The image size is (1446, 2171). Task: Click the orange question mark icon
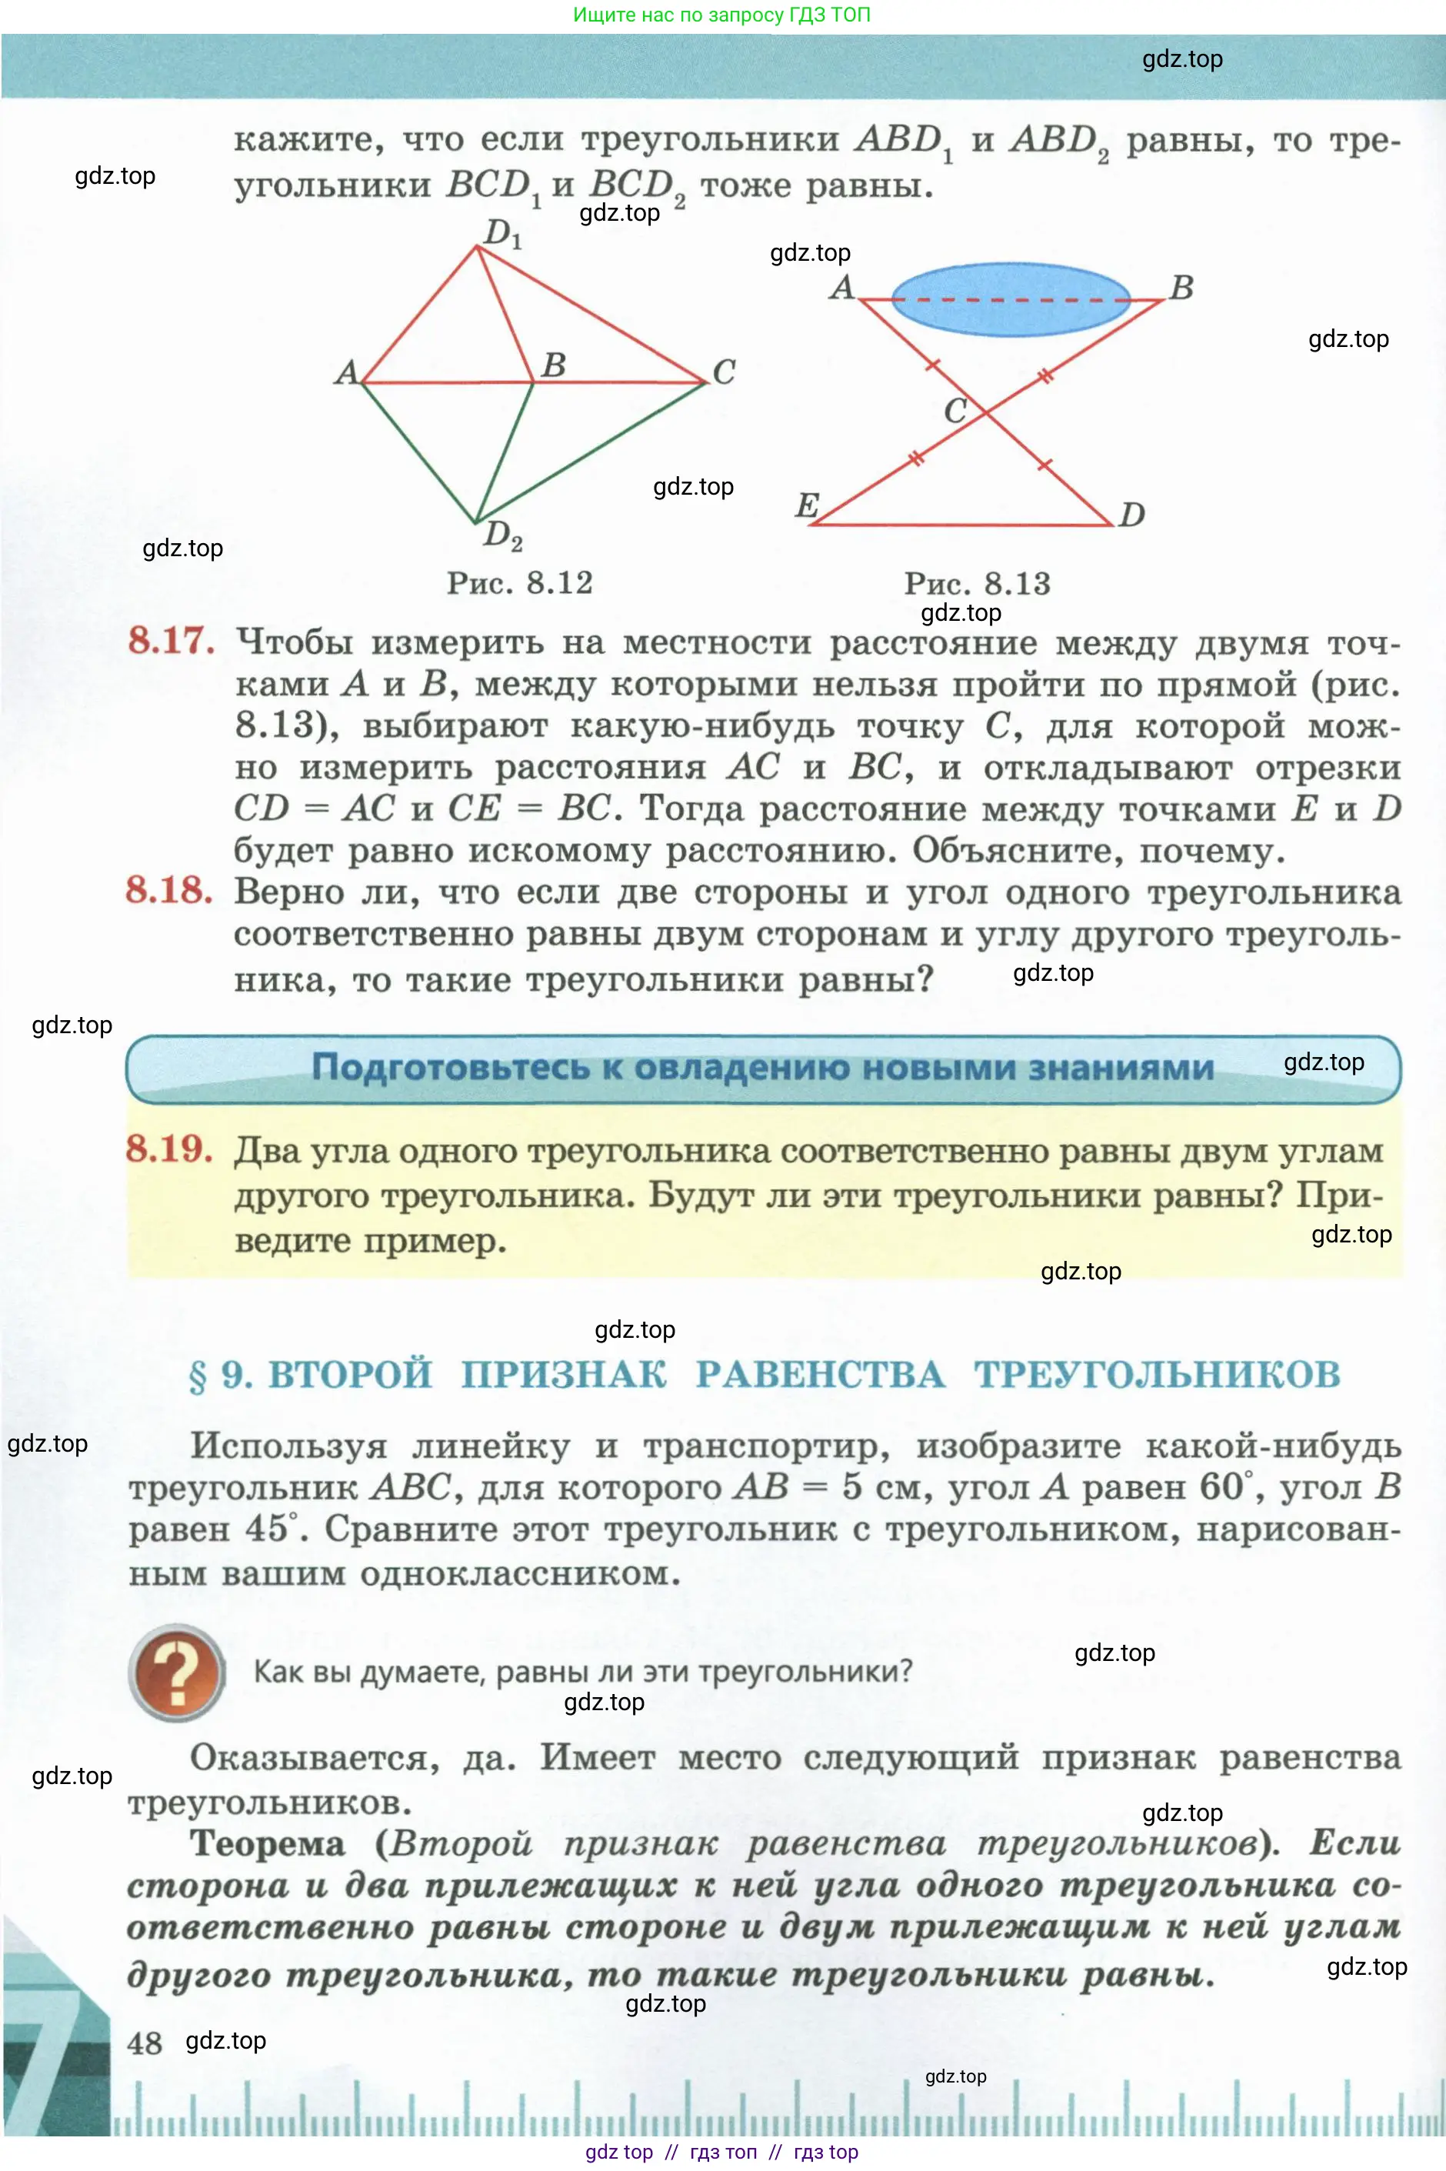177,1672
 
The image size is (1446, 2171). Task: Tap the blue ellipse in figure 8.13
1011,300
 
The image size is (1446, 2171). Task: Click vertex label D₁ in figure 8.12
502,232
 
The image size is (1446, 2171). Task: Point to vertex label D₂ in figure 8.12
502,534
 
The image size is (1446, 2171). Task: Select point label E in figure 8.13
807,505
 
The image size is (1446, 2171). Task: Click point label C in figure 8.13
955,409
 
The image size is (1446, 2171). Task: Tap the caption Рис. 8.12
519,583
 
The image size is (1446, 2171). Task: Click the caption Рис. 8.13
977,584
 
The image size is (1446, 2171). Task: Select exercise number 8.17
172,640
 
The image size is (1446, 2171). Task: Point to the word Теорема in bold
268,1843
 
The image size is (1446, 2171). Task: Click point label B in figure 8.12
553,365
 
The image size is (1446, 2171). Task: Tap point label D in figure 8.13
1131,514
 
